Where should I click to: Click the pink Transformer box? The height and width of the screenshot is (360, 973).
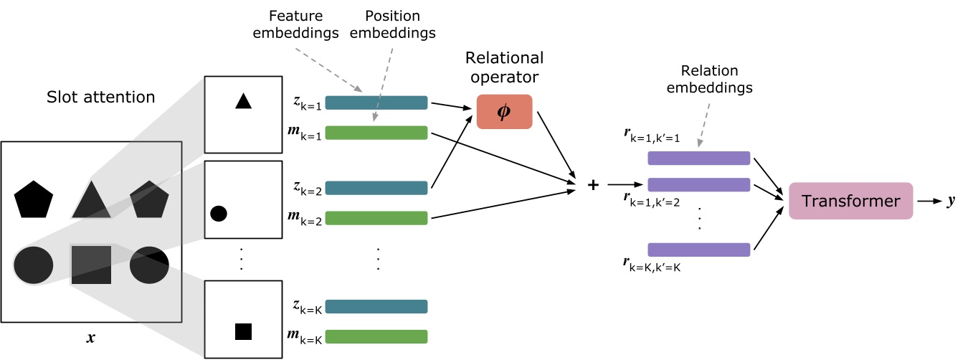pos(850,201)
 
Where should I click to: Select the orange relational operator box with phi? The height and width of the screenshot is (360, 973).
pos(504,112)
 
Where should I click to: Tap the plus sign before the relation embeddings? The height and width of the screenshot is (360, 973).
pos(593,185)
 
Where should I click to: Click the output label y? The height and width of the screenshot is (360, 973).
pos(951,202)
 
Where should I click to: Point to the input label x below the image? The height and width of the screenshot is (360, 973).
pos(91,337)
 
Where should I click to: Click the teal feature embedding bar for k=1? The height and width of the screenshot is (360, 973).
pos(376,103)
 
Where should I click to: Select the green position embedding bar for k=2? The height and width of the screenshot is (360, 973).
pos(376,217)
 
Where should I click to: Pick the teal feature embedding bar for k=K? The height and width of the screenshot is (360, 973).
pos(376,306)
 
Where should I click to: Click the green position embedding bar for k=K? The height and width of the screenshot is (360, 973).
pos(376,336)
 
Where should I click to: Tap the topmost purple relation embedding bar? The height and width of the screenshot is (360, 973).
pos(698,158)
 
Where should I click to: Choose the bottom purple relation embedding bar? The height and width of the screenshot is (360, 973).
pos(698,250)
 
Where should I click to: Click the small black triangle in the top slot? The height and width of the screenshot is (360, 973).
pos(243,101)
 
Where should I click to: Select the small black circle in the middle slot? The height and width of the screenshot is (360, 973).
pos(219,213)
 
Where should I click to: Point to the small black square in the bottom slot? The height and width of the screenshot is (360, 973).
pos(243,331)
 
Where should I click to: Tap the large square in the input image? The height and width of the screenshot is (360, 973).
pos(91,265)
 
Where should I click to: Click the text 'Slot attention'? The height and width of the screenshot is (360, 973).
pos(100,96)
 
